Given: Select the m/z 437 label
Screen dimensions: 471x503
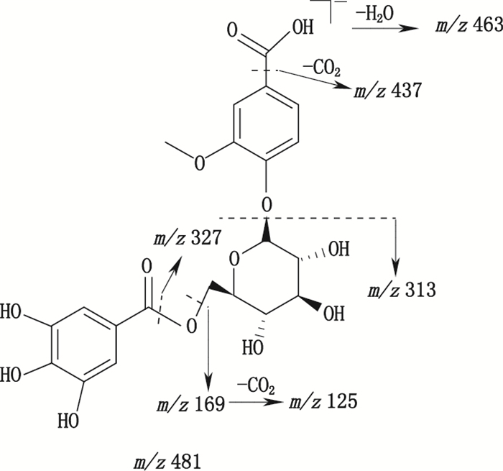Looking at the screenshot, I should coord(385,92).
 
